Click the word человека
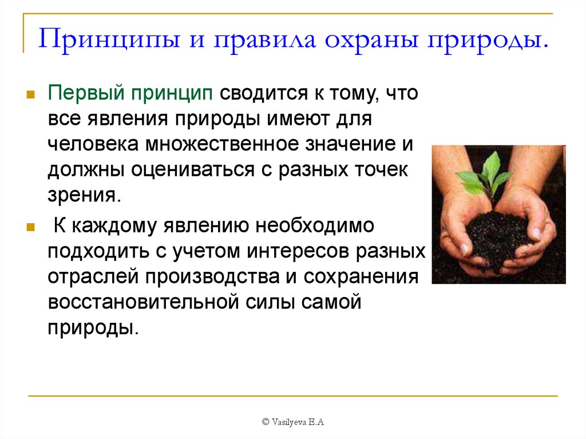tap(93, 144)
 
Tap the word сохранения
tap(361, 277)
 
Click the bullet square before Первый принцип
tap(31, 94)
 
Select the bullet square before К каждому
tap(31, 227)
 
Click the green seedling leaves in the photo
tap(485, 176)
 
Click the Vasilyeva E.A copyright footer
tap(293, 422)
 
